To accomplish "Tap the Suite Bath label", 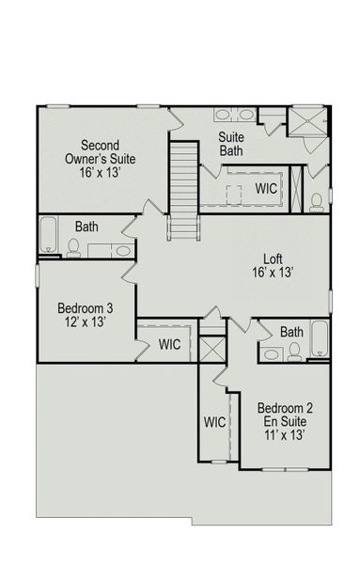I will click(231, 143).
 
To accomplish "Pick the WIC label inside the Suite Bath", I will click(266, 188).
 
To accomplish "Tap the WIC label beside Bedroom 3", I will click(169, 345).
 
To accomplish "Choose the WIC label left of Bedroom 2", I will click(214, 422).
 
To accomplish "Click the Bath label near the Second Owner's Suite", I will click(87, 227).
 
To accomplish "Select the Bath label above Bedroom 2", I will click(291, 332).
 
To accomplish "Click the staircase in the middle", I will click(182, 188).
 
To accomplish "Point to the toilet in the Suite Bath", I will click(318, 200).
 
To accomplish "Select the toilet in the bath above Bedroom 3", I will click(73, 246).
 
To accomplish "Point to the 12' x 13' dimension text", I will click(86, 322).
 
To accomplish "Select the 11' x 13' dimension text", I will click(281, 436).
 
